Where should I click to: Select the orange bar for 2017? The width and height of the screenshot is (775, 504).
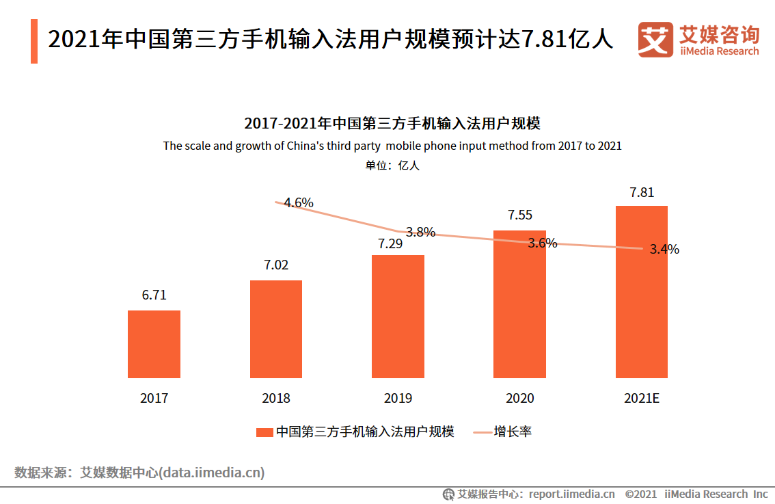pyautogui.click(x=154, y=344)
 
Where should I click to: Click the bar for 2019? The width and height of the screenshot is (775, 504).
pyautogui.click(x=398, y=317)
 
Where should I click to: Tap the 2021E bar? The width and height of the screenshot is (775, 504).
pyautogui.click(x=641, y=292)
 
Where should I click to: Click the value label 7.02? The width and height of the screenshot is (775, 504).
pyautogui.click(x=276, y=265)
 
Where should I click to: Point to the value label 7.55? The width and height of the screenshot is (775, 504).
pyautogui.click(x=519, y=215)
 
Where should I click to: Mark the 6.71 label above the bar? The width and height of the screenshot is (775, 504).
pyautogui.click(x=154, y=295)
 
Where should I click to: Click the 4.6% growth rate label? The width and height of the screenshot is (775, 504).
pyautogui.click(x=299, y=202)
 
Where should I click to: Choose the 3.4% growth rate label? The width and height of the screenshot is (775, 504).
pyautogui.click(x=664, y=250)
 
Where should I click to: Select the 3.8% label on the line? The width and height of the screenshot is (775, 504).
pyautogui.click(x=420, y=232)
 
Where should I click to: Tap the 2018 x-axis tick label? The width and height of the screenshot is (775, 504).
pyautogui.click(x=276, y=398)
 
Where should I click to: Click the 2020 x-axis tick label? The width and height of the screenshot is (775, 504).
pyautogui.click(x=519, y=398)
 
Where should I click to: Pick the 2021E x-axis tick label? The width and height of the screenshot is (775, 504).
pyautogui.click(x=641, y=398)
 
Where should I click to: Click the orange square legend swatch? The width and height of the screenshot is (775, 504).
pyautogui.click(x=264, y=432)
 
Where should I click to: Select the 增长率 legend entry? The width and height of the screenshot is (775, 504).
pyautogui.click(x=513, y=432)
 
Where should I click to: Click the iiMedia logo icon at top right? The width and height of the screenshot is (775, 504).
pyautogui.click(x=655, y=40)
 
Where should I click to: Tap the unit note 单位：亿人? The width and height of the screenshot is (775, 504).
pyautogui.click(x=392, y=165)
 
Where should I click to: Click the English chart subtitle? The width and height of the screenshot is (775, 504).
pyautogui.click(x=392, y=146)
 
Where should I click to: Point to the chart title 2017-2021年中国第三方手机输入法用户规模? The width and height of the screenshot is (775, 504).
pyautogui.click(x=392, y=124)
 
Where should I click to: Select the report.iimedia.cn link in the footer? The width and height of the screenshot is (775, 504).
pyautogui.click(x=571, y=494)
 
